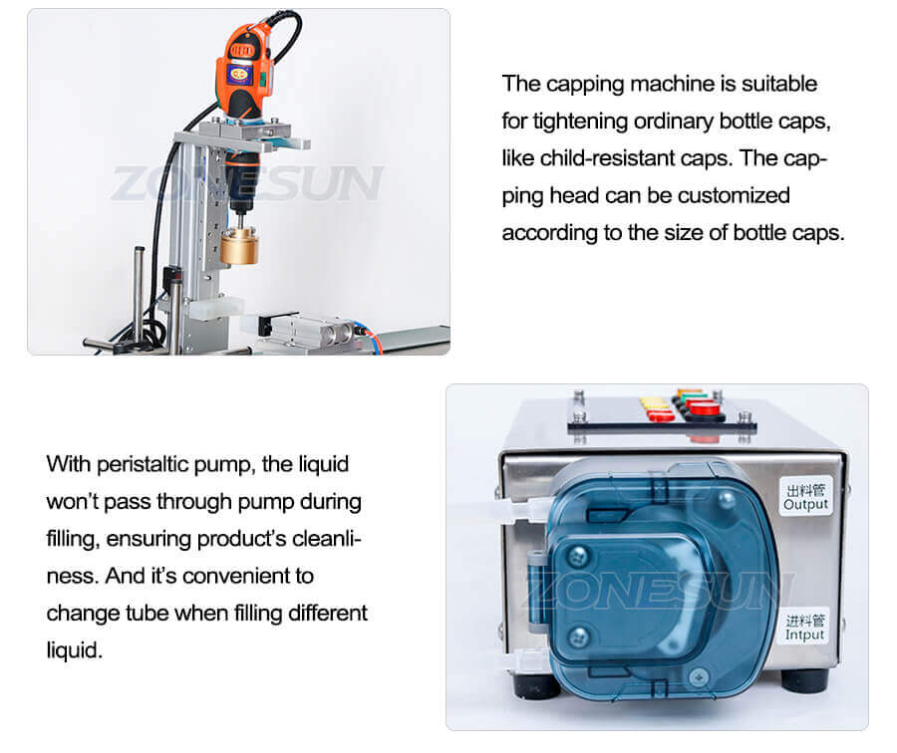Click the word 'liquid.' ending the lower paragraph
click(74, 649)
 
